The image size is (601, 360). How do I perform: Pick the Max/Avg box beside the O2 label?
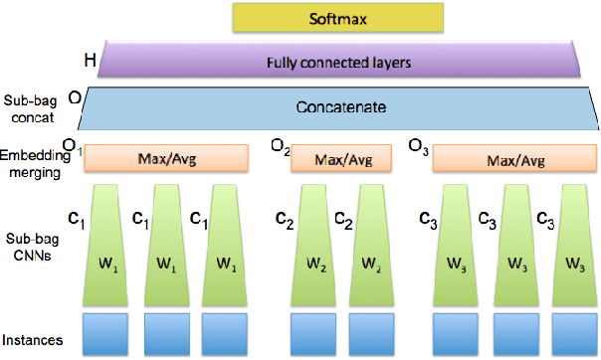click(x=341, y=158)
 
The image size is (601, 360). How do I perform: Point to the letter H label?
click(x=89, y=60)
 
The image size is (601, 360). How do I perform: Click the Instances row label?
click(x=33, y=341)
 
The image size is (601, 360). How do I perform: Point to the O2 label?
click(x=280, y=149)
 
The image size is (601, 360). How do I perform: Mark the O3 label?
click(x=419, y=149)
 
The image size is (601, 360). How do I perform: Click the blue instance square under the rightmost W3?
click(x=573, y=334)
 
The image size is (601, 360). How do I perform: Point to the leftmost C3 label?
click(x=424, y=219)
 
